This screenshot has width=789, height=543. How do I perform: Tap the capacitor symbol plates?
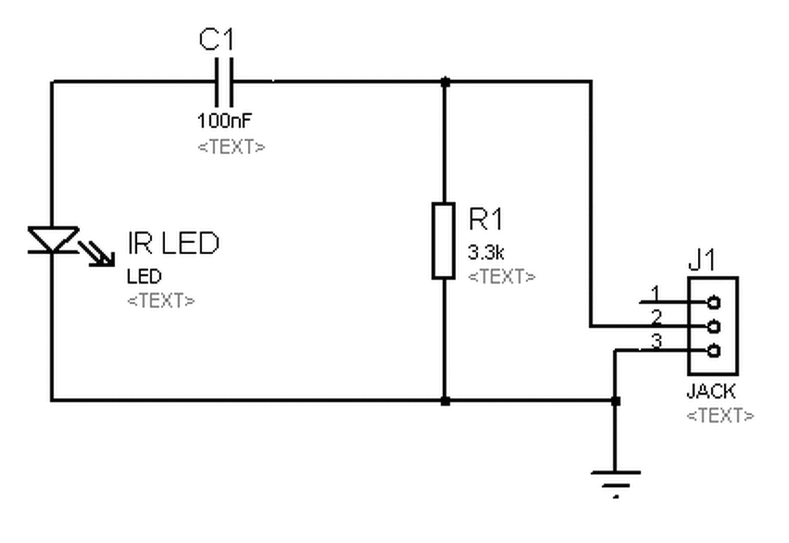tap(224, 82)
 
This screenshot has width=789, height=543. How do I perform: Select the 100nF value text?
tap(224, 121)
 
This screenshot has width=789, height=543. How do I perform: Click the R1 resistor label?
tap(486, 219)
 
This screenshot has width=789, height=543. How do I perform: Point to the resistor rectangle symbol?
tap(443, 241)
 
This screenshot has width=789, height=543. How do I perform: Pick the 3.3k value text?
tap(486, 252)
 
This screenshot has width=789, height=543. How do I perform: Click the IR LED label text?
tap(173, 243)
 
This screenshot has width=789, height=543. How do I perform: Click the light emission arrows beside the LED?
tap(97, 254)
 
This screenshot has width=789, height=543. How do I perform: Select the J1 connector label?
tap(701, 260)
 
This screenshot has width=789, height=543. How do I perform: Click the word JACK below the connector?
tap(711, 391)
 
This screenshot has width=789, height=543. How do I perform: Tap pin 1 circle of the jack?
tap(714, 302)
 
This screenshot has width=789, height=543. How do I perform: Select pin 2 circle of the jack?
tap(714, 327)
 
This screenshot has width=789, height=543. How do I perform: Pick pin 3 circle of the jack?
tap(714, 351)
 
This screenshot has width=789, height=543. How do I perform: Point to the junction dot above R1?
tap(445, 82)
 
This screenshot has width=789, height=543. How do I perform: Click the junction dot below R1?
tap(445, 401)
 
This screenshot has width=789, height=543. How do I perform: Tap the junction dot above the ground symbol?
tap(616, 401)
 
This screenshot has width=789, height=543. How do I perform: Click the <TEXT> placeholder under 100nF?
tap(231, 147)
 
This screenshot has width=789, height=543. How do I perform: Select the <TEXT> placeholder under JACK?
tap(721, 415)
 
